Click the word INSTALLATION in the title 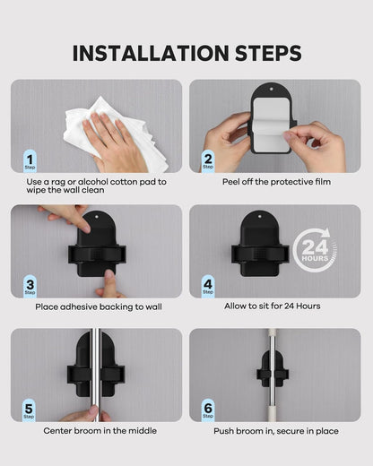[x=151, y=53]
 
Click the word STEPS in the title [x=268, y=53]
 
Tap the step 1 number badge [x=30, y=160]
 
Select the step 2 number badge [x=208, y=160]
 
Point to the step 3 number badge [x=30, y=286]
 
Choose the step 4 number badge [x=208, y=286]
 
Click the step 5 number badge [x=29, y=410]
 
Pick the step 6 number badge [x=208, y=410]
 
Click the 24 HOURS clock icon [x=315, y=250]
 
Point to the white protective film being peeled [x=271, y=125]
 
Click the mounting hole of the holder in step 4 [x=259, y=216]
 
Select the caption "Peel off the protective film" [x=276, y=182]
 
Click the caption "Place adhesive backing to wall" [x=99, y=306]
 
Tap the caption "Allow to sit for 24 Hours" [x=273, y=306]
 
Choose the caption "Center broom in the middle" [x=100, y=431]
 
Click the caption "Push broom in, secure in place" [x=276, y=431]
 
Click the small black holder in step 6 [x=273, y=369]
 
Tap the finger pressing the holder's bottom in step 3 [x=109, y=280]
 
